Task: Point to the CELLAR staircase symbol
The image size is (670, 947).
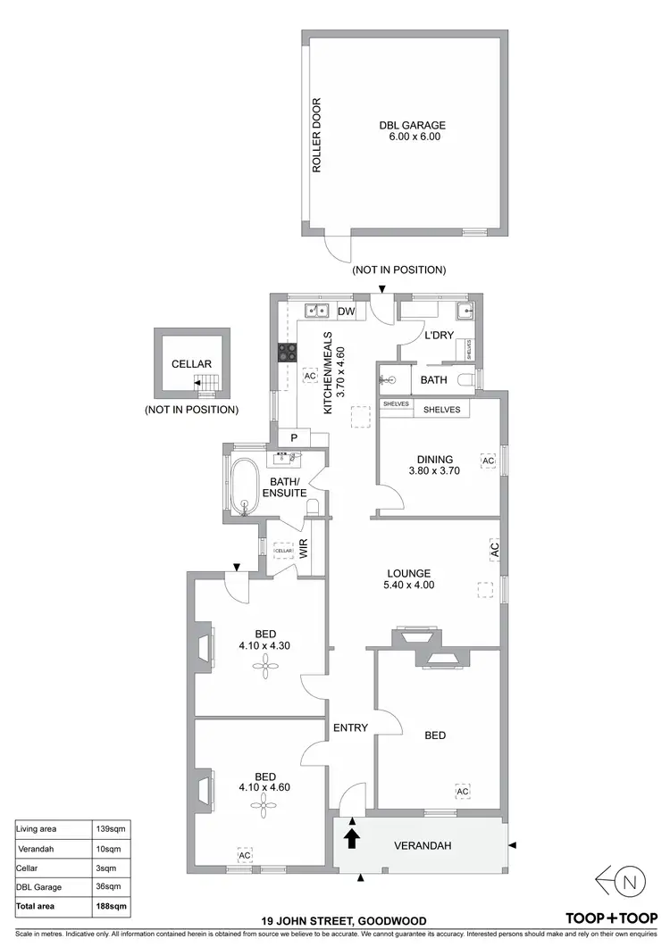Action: pos(206,385)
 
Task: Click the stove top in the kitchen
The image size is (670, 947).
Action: pos(286,353)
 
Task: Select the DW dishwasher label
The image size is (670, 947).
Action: pos(348,311)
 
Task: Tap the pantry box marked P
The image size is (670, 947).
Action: pos(292,437)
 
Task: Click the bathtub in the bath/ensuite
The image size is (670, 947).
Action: pos(242,486)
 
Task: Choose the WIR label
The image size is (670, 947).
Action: pos(304,552)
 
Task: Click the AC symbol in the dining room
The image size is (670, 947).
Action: pos(488,461)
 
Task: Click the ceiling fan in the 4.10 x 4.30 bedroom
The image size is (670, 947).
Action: pos(263,662)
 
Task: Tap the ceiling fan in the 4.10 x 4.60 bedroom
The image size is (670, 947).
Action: pos(263,807)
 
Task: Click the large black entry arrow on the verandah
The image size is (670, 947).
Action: pos(352,837)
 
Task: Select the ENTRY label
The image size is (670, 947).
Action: pos(350,727)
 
